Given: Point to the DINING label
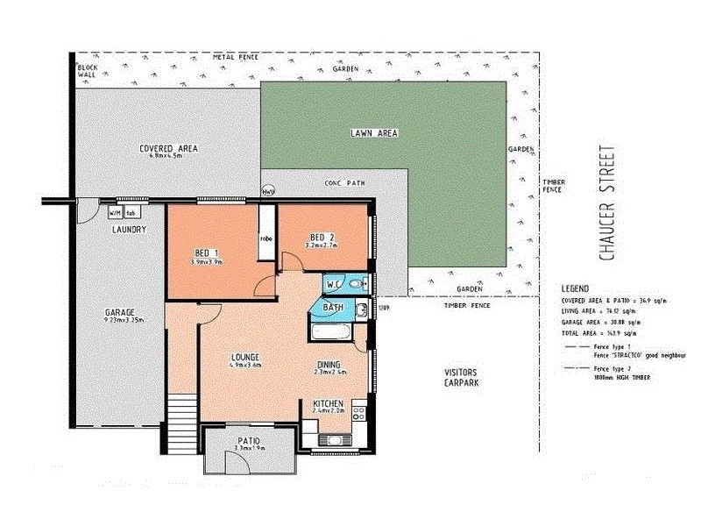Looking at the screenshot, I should pos(328,364).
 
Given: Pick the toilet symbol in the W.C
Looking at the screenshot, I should pos(353,284).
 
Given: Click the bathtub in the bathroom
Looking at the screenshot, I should pos(331,331).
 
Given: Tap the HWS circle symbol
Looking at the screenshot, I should pos(268,191).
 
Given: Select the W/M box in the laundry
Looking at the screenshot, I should pos(115,212).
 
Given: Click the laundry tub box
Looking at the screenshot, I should pos(130,212).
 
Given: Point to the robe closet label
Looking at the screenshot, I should pos(264,238).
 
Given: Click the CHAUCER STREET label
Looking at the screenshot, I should pos(605,202).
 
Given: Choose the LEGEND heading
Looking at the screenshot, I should pos(577,288).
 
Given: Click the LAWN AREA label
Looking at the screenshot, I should pos(374,133).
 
